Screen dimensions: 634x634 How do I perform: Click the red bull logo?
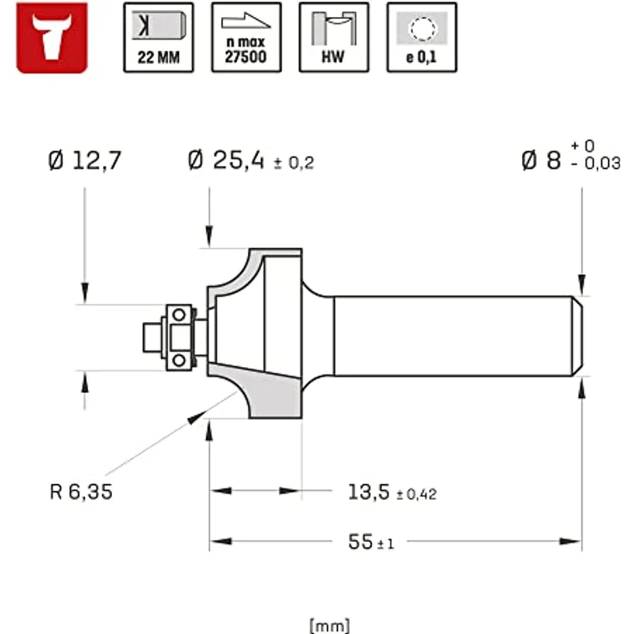(x=52, y=37)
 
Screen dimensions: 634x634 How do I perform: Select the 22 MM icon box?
(x=158, y=37)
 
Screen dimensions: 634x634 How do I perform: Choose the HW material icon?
(x=333, y=37)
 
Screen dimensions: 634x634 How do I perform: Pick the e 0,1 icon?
(x=421, y=37)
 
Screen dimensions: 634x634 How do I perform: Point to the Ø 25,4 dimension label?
(x=226, y=161)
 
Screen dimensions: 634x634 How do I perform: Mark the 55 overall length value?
(x=360, y=542)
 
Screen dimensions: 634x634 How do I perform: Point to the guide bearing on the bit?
(x=180, y=337)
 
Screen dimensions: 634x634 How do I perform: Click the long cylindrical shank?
(x=452, y=336)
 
